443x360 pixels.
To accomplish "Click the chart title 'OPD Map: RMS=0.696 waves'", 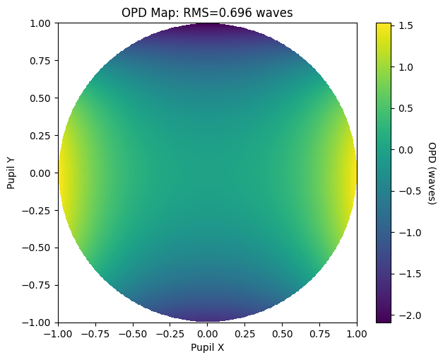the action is click(207, 13).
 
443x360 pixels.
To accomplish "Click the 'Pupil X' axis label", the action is click(208, 347).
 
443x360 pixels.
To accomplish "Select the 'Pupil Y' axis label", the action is click(11, 173).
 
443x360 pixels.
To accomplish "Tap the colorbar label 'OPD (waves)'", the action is click(432, 173).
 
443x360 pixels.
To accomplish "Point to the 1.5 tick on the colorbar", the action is click(406, 25).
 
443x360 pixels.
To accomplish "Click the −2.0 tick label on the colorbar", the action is click(410, 315).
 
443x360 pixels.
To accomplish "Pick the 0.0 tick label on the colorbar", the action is click(406, 150).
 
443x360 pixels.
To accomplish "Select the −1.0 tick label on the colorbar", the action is click(410, 233).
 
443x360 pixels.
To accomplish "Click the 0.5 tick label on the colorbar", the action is click(406, 109).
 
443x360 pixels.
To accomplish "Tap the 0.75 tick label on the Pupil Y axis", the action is click(40, 61).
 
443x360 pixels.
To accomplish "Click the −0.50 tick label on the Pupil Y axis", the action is click(36, 248).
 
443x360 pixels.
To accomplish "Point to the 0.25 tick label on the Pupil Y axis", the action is click(40, 136).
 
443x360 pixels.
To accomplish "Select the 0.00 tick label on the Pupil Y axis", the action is click(40, 173).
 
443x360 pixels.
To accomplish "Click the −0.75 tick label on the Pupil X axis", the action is click(95, 334).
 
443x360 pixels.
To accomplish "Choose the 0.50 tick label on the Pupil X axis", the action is click(282, 334).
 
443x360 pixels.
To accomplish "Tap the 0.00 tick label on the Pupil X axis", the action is click(208, 334).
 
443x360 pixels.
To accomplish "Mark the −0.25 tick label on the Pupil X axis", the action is click(170, 334).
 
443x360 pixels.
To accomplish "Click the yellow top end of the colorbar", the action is click(384, 25).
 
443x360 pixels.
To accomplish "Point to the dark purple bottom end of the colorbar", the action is click(384, 320).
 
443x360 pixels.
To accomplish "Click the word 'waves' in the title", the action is click(274, 13).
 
